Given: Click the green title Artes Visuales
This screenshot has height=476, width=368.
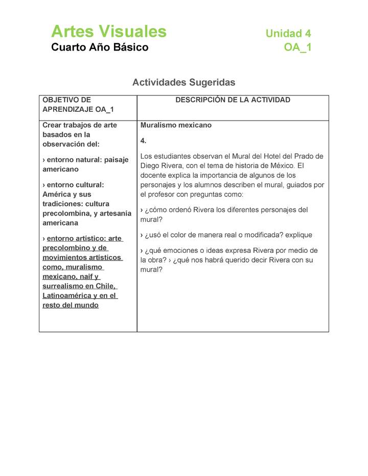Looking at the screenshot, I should [108, 32].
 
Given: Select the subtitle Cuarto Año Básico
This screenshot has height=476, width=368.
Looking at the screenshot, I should [100, 47].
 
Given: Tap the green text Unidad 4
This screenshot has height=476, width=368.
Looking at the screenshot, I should [288, 34].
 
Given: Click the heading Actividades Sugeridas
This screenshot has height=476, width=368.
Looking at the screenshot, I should [183, 82].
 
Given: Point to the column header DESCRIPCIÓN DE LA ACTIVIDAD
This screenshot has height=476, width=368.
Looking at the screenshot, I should [233, 100].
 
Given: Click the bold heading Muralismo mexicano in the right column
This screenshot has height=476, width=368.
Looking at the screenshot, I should [176, 125].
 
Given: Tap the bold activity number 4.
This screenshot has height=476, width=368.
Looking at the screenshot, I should [143, 140].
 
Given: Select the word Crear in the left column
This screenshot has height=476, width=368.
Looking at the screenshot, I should [52, 125].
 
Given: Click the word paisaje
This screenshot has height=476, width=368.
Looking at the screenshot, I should [117, 160].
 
